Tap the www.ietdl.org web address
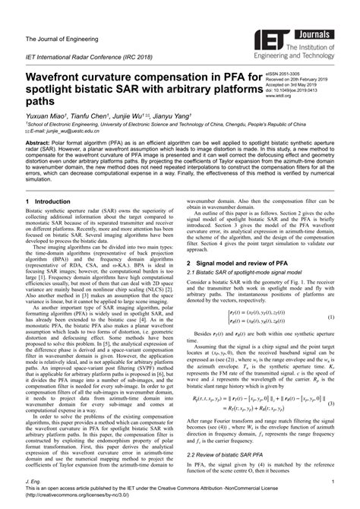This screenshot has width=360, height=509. coord(280,97)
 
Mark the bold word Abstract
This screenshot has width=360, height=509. coord(39,142)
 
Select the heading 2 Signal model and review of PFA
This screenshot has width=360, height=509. coord(243,241)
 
